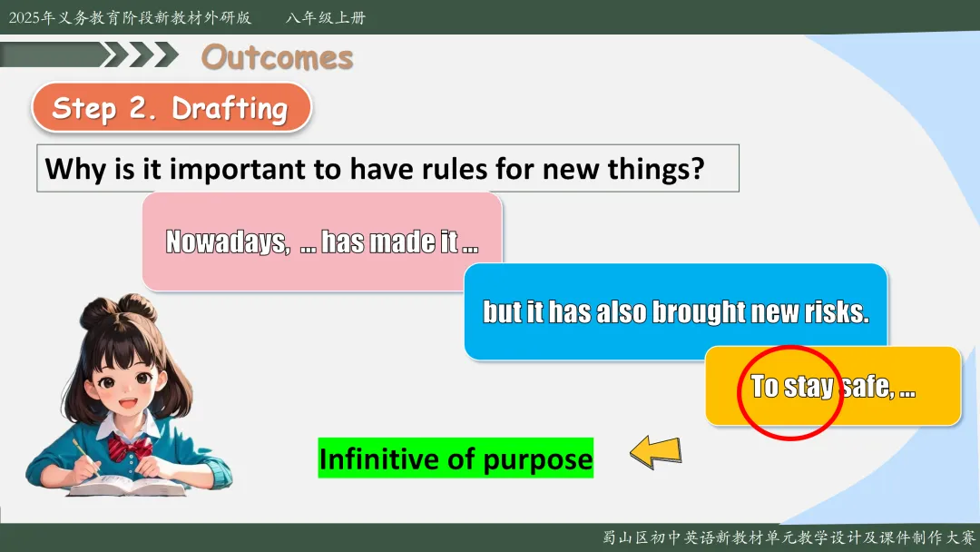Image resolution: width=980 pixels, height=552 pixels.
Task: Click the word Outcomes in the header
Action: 277,57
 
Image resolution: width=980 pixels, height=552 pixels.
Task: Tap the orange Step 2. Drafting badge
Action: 171,107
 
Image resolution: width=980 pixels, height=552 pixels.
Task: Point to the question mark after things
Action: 698,169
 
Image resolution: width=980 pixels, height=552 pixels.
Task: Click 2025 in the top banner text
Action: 24,17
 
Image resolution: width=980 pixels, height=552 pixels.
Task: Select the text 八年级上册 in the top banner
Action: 326,17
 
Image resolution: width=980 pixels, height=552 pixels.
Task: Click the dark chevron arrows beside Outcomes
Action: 140,54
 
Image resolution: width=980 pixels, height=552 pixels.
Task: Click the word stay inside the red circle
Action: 808,387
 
